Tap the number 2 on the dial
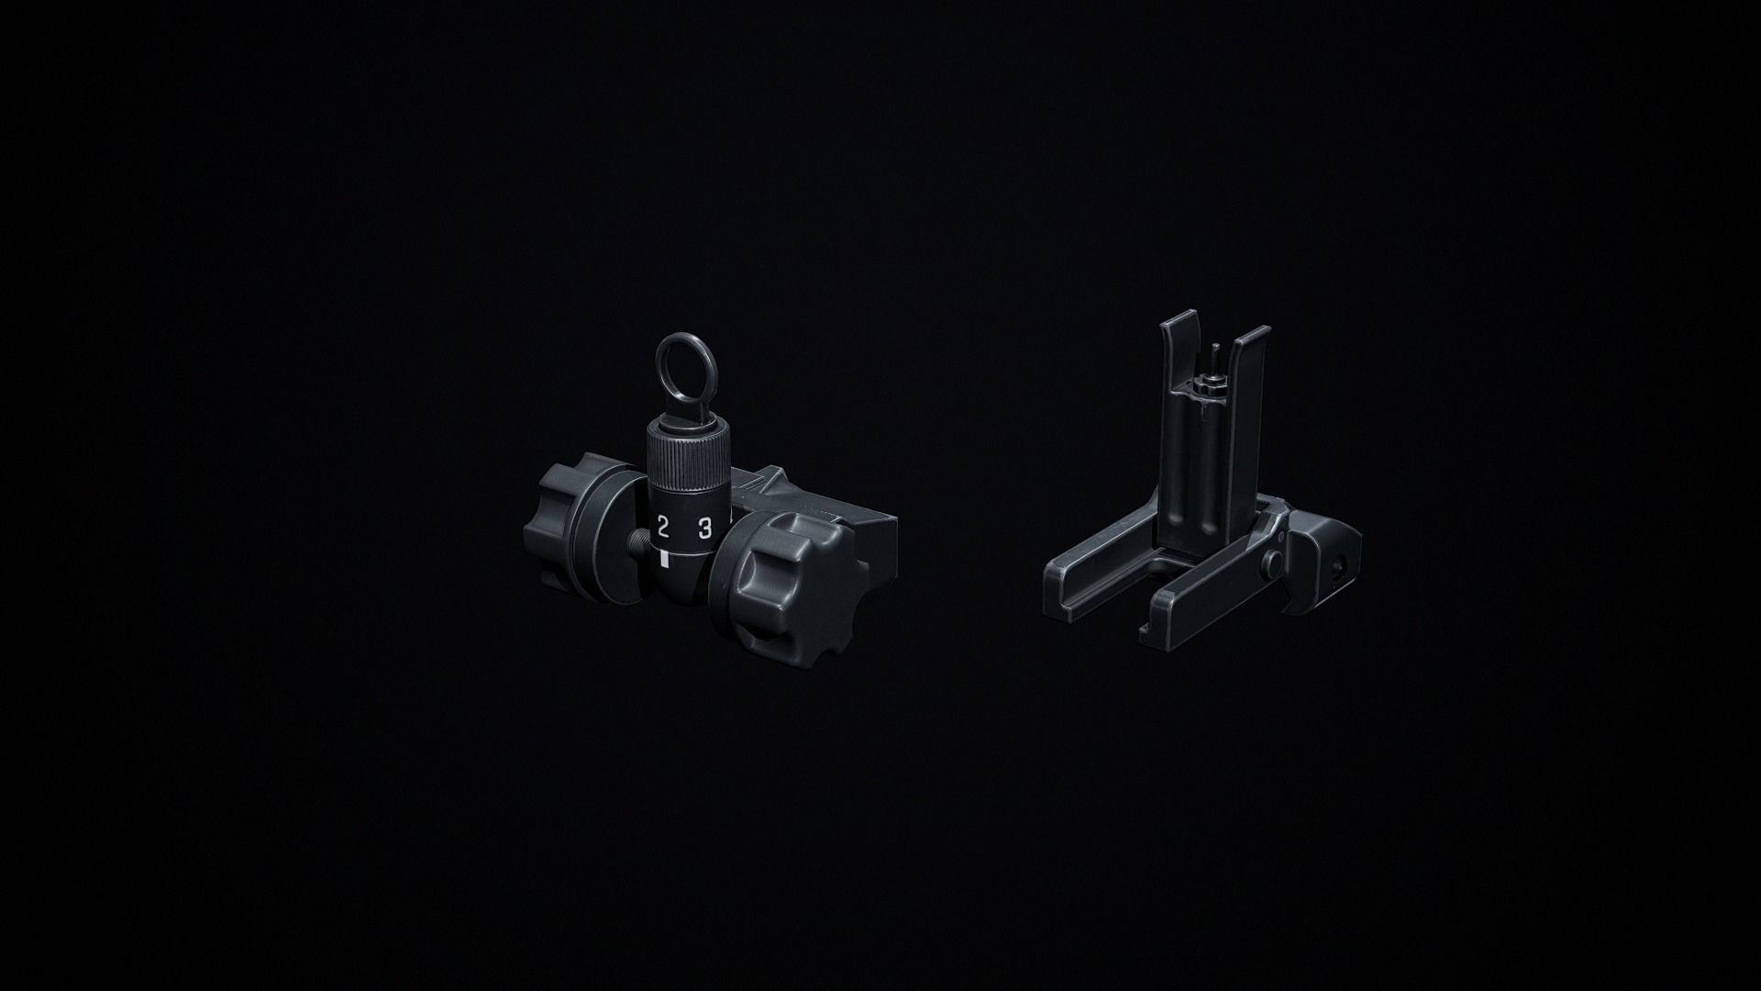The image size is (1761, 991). click(662, 527)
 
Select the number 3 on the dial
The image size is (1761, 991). click(705, 528)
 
